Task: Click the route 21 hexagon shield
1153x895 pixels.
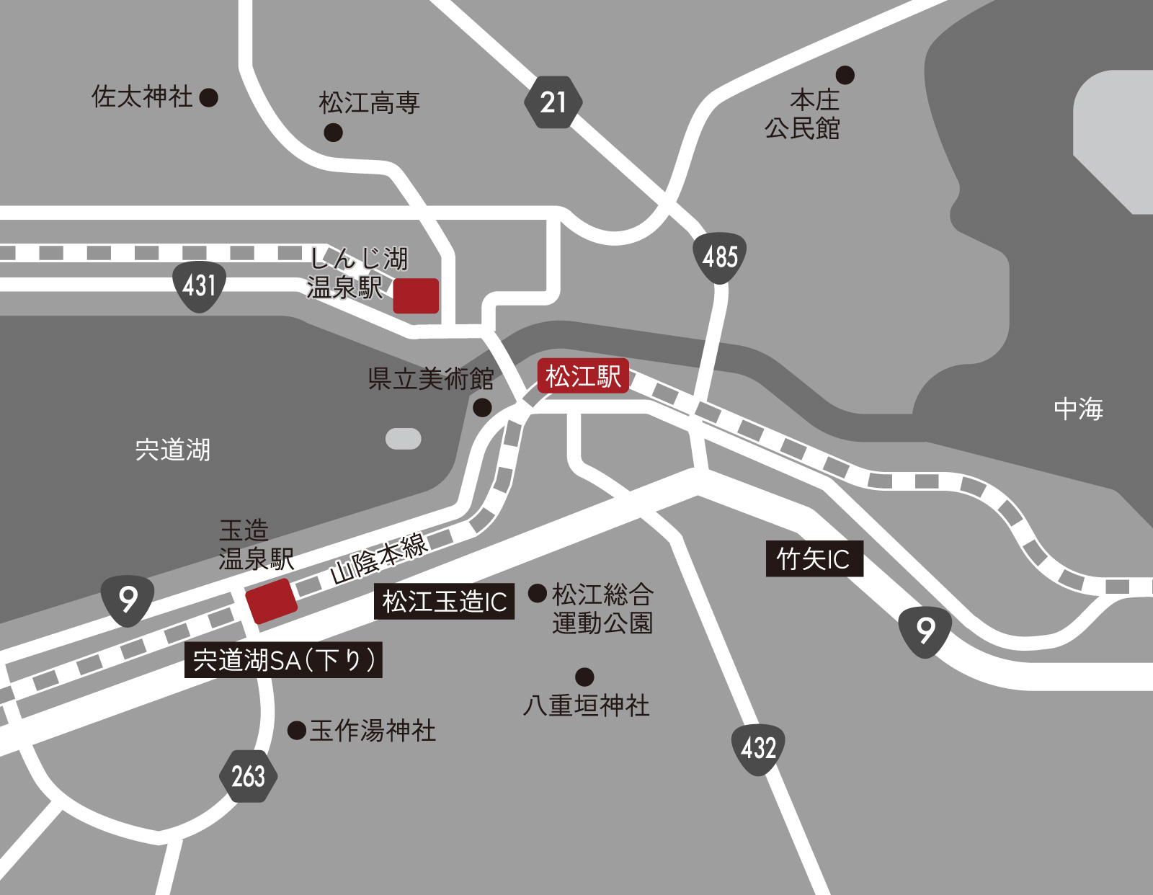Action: coord(553,102)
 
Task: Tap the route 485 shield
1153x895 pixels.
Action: coord(719,257)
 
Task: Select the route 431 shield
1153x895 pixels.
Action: coord(200,286)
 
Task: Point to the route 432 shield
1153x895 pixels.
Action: coord(758,749)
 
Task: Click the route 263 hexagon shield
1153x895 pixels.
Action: coord(248,776)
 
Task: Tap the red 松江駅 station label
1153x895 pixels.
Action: coord(583,376)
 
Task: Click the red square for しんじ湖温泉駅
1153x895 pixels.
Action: coord(416,295)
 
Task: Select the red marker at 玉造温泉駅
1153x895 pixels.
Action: coord(271,600)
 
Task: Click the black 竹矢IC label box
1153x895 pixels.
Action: coord(814,559)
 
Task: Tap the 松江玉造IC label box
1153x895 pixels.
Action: coord(444,602)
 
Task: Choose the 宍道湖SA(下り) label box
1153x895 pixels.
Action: coord(283,660)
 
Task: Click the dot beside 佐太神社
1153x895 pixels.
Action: coord(209,97)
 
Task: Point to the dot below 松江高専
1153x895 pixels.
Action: coord(333,133)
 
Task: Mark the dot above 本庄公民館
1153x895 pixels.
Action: coord(845,74)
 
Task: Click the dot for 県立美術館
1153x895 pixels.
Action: coord(482,408)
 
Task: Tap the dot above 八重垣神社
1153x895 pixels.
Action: coord(584,677)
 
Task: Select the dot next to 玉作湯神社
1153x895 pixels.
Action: coord(297,731)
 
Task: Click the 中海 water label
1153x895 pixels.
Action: coord(1078,409)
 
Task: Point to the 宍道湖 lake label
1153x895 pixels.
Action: coord(173,450)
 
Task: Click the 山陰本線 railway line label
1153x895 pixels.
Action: coord(380,558)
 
